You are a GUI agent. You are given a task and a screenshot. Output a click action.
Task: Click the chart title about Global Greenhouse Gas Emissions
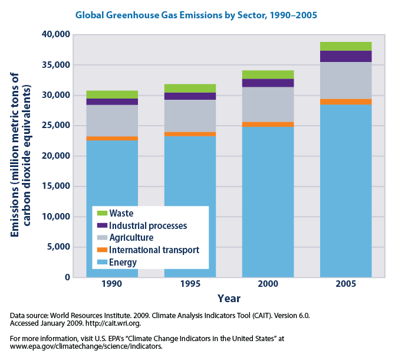[197, 14]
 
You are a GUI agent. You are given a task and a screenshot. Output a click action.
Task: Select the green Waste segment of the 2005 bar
[345, 46]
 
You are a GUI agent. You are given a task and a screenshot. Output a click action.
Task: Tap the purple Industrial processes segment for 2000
[268, 83]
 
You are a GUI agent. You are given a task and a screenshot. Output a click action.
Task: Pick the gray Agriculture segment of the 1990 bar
[112, 120]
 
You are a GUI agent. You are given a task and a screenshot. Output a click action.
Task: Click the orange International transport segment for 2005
[345, 102]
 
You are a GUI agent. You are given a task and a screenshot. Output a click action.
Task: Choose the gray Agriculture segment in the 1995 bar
[190, 116]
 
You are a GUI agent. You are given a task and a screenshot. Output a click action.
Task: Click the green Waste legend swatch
[101, 213]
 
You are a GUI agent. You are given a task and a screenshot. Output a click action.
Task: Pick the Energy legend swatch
[101, 263]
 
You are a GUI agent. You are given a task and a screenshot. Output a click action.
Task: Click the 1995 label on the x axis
[190, 284]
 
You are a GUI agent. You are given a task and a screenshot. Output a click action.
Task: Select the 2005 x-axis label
[345, 284]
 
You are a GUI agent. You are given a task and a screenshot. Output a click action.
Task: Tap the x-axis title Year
[229, 299]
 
